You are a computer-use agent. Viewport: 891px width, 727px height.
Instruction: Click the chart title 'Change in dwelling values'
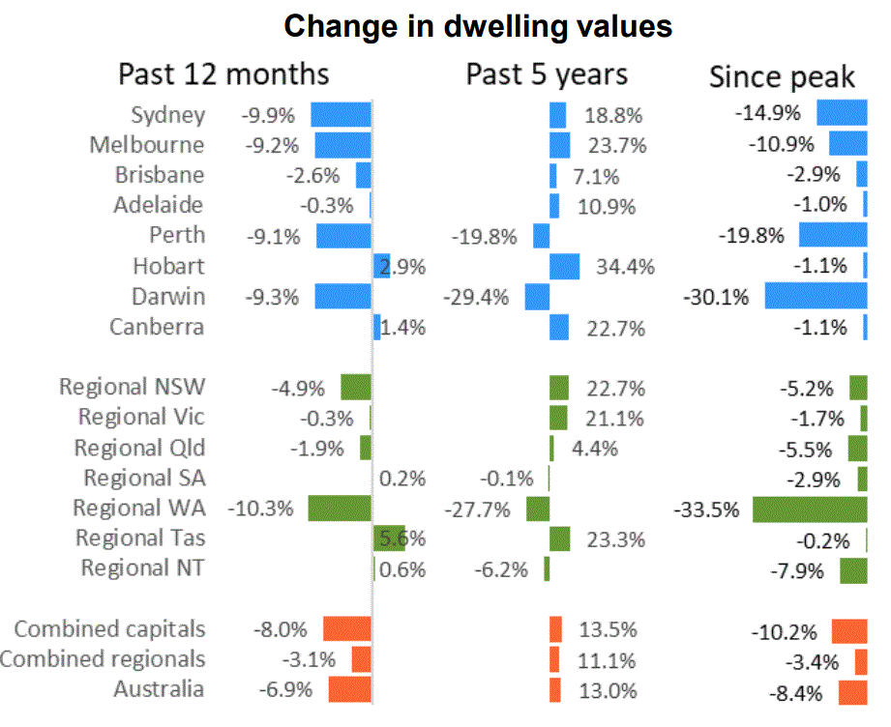coord(478,27)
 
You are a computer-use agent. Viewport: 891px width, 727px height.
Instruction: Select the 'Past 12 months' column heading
coord(223,74)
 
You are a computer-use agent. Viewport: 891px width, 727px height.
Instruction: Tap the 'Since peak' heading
coord(782,77)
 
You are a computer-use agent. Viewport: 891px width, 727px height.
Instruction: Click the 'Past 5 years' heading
coord(547,74)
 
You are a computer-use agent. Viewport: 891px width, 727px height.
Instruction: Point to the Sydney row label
coord(167,115)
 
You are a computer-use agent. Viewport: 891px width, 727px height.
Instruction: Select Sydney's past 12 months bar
coord(341,115)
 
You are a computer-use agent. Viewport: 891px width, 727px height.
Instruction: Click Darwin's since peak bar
coord(816,296)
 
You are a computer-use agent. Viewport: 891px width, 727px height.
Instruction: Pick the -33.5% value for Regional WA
coord(706,509)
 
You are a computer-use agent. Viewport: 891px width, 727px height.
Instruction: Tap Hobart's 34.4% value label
coord(625,267)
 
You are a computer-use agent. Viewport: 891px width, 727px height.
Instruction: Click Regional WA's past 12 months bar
coord(340,509)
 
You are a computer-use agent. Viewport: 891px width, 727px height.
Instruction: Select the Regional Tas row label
coord(140,538)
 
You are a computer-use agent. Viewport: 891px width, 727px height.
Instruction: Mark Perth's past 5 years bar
coord(542,236)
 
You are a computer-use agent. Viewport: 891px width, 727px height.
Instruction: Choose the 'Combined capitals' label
coord(109,629)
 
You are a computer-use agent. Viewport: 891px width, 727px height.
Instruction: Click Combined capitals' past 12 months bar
coord(347,628)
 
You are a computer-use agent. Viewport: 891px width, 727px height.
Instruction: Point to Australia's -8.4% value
coord(795,693)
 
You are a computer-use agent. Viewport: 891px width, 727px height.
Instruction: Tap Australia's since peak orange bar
coord(853,692)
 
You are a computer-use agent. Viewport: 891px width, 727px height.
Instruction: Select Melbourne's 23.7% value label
coord(617,146)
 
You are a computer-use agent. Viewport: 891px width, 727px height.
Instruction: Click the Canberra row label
coord(157,327)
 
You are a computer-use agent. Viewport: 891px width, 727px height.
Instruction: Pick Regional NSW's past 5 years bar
coord(559,388)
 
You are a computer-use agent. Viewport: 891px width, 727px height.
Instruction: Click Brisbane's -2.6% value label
coord(313,176)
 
